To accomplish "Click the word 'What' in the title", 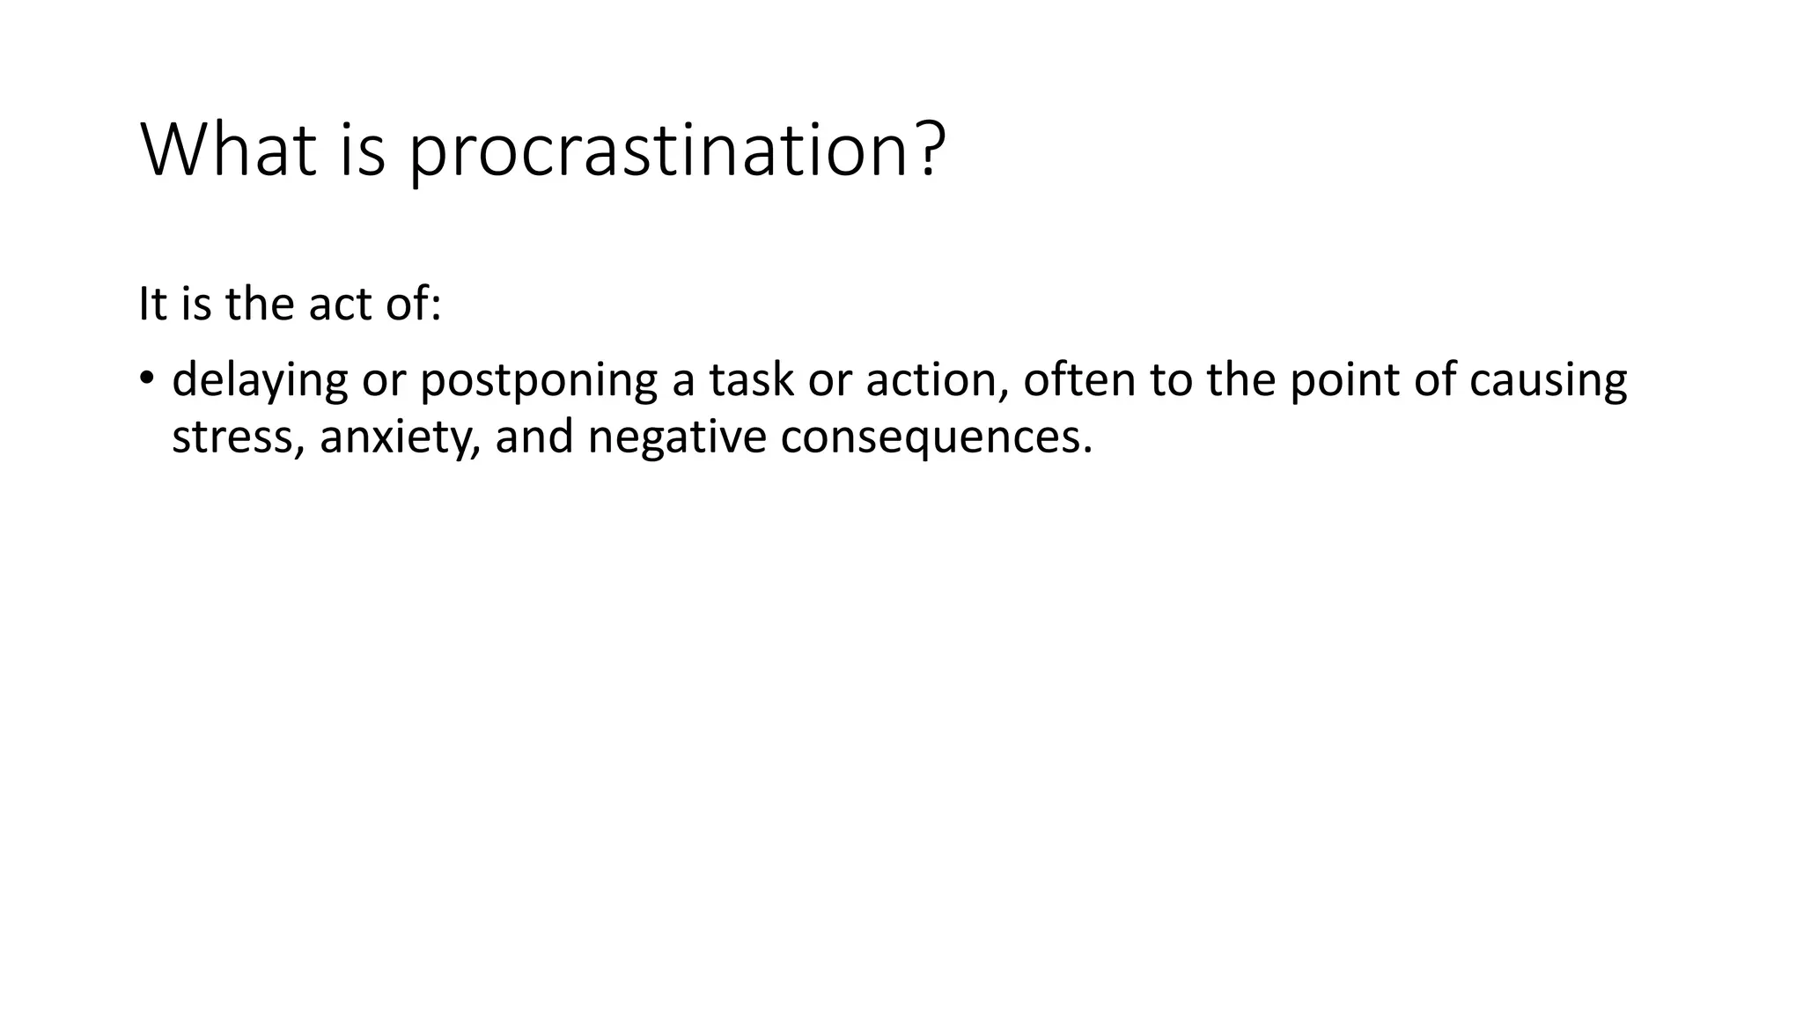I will (x=228, y=150).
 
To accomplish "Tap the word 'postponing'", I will (x=538, y=381).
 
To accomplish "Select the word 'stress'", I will (x=232, y=437).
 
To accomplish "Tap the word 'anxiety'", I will (x=396, y=437).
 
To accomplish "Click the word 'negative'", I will (x=676, y=437).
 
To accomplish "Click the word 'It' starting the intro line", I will (x=152, y=305).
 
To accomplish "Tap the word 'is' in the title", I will (x=363, y=150).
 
